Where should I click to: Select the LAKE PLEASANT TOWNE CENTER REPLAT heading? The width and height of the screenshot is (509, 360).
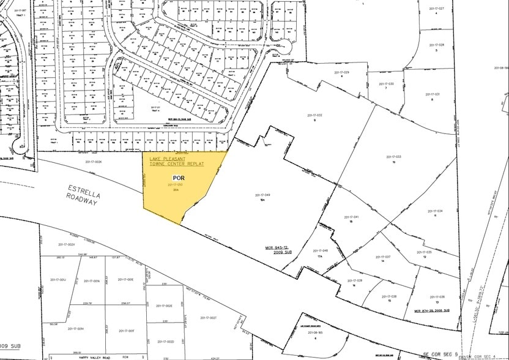pos(177,162)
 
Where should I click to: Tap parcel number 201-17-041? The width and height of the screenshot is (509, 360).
pos(351,217)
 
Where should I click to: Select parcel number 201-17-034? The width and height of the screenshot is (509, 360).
pos(435,211)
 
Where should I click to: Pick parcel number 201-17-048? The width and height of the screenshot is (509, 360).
pos(320,250)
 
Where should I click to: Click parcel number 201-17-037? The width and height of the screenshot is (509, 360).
pos(382,257)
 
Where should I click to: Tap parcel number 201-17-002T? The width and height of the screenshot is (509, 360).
pos(208,318)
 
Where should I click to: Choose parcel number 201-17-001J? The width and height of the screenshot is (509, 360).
pos(58,280)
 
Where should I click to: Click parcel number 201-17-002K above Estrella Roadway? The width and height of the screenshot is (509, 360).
pos(94,162)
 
